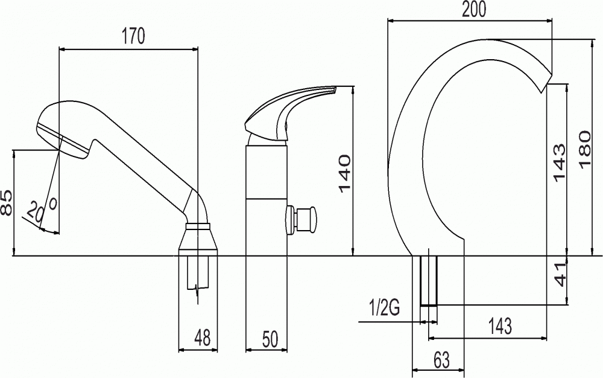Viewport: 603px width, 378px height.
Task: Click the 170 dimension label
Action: click(133, 36)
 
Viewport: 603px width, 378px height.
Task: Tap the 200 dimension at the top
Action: click(474, 10)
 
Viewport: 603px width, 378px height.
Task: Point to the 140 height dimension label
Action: click(344, 173)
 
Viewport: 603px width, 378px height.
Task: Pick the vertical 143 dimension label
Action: click(560, 162)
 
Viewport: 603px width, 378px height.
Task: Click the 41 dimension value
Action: click(560, 275)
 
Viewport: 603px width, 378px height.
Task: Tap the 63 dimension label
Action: click(441, 360)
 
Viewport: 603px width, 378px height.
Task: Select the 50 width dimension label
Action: click(270, 339)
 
